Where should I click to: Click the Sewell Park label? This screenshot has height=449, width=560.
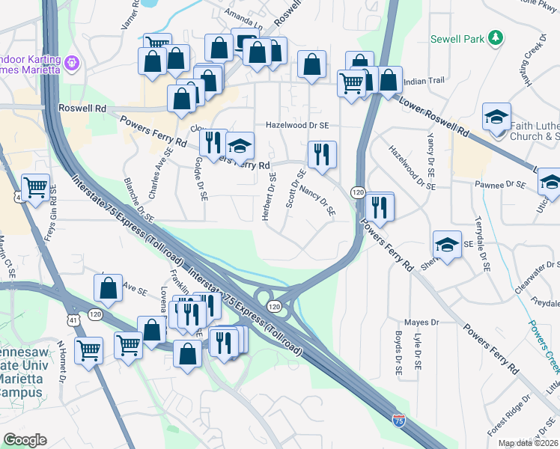[457, 38]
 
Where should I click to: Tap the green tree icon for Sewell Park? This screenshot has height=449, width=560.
[495, 37]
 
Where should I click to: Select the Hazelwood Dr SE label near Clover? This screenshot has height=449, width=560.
[297, 126]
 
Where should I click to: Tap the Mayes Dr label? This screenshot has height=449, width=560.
[420, 323]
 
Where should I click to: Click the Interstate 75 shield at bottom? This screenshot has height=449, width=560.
[399, 421]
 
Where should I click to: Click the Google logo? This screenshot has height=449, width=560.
[25, 439]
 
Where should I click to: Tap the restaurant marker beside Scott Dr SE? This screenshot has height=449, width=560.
[322, 155]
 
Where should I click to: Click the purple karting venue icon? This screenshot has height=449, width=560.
[73, 64]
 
